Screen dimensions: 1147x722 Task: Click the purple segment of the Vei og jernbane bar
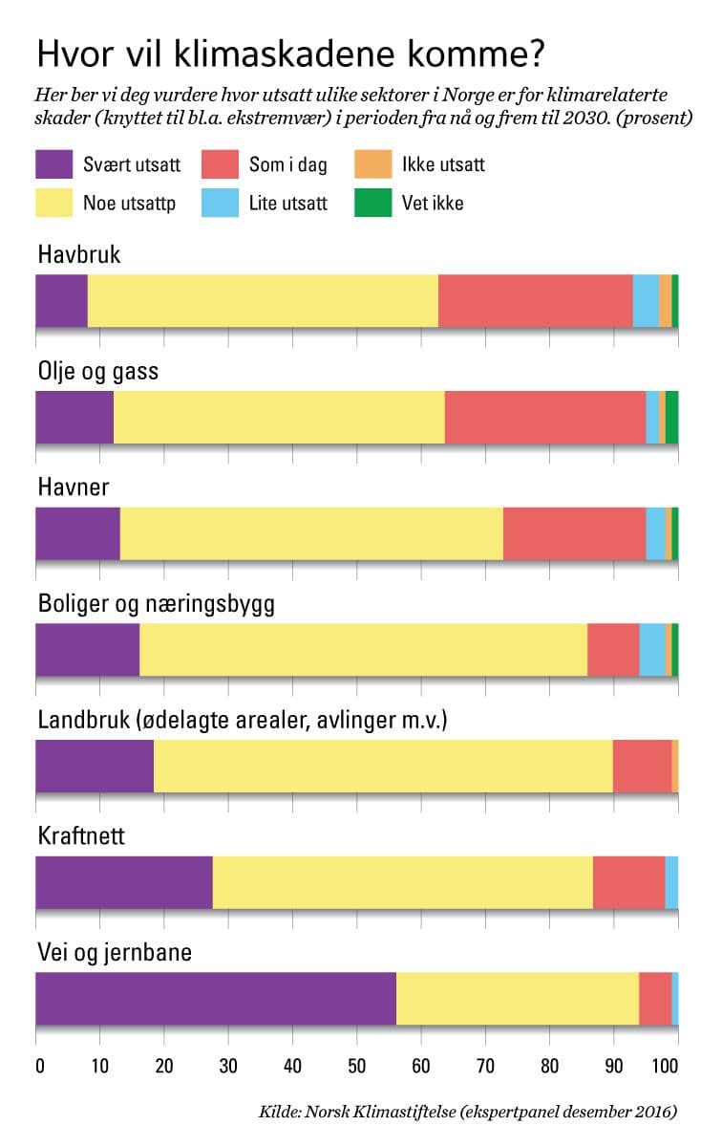[x=216, y=999]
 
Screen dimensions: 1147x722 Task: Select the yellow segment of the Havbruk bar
[x=263, y=300]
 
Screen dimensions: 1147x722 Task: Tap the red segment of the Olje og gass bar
[x=545, y=417]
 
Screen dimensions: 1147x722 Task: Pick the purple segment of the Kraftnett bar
[x=124, y=882]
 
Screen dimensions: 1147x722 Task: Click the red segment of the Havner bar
[x=574, y=533]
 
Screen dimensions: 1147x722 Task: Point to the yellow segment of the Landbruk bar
[x=383, y=766]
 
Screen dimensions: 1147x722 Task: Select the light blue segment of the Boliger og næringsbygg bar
[x=651, y=649]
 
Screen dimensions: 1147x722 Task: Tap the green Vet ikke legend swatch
[x=372, y=203]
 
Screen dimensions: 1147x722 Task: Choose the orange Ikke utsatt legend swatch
[x=372, y=164]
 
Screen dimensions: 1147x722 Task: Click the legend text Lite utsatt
[x=287, y=203]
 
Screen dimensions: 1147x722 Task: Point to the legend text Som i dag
[x=287, y=164]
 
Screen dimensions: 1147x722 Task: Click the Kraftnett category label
[x=82, y=836]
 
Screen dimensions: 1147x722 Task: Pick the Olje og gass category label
[x=98, y=371]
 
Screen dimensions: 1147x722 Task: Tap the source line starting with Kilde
[x=468, y=1112]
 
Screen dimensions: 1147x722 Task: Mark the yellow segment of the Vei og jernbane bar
[x=517, y=999]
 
